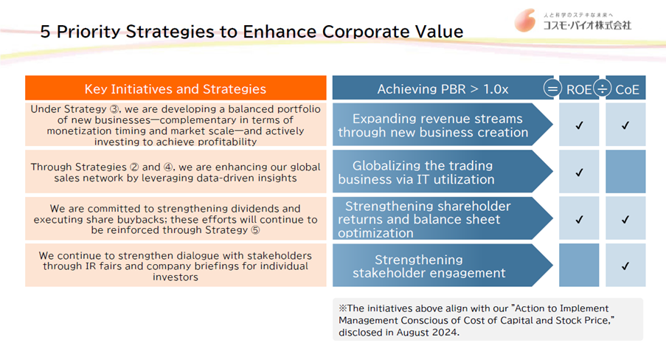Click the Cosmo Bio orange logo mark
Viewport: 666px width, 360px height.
tap(525, 21)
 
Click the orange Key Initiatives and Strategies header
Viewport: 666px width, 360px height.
tap(176, 89)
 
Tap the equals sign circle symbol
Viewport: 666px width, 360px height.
tap(552, 89)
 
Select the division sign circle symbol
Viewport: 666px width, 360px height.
tap(603, 89)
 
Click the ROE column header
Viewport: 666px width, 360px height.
tap(579, 89)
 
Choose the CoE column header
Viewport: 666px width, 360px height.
tap(627, 89)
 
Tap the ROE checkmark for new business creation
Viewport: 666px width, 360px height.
tap(580, 125)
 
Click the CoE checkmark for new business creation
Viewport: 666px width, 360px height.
tap(625, 125)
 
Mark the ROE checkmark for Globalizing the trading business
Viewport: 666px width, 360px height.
tap(580, 173)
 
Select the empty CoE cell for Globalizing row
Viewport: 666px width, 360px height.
tap(625, 171)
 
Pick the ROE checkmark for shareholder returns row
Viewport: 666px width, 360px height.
tap(580, 220)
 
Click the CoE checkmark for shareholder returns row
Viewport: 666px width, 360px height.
tap(625, 220)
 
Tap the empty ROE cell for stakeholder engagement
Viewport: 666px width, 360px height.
tap(579, 265)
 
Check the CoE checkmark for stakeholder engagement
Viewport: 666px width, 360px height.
tap(625, 266)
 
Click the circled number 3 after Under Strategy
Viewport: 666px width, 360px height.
tap(114, 109)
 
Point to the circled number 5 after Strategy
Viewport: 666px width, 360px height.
tap(255, 230)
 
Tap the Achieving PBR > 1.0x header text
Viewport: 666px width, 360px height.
tap(443, 89)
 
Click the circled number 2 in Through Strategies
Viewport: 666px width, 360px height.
tap(134, 167)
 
